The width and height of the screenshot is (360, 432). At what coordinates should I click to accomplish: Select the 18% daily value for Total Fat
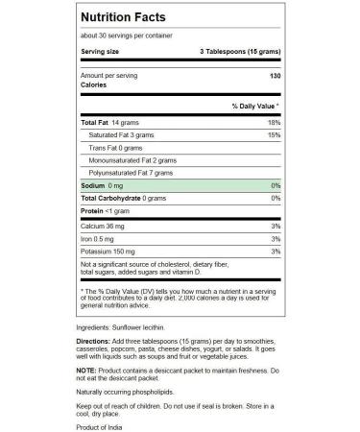point(275,123)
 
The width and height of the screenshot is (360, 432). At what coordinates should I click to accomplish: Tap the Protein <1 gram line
point(106,210)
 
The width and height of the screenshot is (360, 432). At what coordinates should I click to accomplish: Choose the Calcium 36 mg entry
point(104,225)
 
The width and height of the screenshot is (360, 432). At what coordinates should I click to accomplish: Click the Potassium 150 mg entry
point(108,250)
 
